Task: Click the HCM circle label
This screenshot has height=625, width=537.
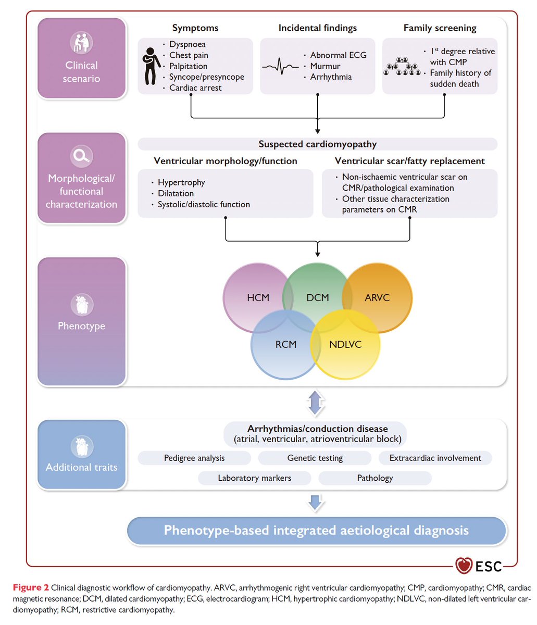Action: pos(258,298)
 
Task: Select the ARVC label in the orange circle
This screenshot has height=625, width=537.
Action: pos(377,298)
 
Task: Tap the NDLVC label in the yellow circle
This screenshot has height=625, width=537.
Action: pos(345,344)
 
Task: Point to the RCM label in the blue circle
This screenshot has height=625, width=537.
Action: pos(286,344)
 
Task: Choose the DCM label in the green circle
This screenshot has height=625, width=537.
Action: pos(318,298)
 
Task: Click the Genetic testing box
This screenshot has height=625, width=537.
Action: pos(315,458)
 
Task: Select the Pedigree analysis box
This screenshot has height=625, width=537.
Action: pos(194,458)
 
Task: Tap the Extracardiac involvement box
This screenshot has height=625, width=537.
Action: pos(435,458)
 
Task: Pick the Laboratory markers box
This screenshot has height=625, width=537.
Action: pos(255,478)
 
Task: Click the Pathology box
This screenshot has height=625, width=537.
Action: pos(375,478)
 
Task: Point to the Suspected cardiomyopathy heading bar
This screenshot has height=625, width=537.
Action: pos(318,144)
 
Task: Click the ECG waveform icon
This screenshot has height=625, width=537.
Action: pos(280,67)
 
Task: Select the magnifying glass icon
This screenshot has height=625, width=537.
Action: pos(81,155)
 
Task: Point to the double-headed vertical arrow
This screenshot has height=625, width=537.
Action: pos(315,403)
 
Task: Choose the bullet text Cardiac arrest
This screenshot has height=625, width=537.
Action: pos(195,88)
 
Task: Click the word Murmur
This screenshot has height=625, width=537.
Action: pos(325,66)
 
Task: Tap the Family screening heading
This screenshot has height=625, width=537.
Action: pos(440,28)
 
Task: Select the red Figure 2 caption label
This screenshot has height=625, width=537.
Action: pos(31,587)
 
